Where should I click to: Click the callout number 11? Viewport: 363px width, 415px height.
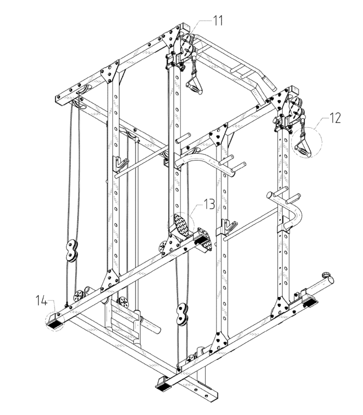click(218, 20)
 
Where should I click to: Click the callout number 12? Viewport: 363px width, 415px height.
click(334, 118)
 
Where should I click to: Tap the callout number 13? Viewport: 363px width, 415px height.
click(209, 204)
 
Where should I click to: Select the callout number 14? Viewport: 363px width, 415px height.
click(42, 301)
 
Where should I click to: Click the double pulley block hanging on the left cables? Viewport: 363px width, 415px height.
click(72, 251)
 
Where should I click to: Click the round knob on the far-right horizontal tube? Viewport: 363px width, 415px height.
click(326, 274)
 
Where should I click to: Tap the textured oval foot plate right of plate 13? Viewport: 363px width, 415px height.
click(205, 239)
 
